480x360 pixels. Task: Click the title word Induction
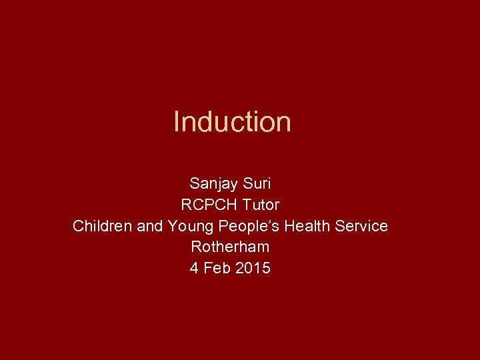[x=232, y=122]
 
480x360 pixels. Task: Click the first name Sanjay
[x=210, y=183]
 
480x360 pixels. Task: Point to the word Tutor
[x=257, y=205]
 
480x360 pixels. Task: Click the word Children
[x=102, y=226]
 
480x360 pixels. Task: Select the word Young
[x=189, y=227]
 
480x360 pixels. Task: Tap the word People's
[x=248, y=226]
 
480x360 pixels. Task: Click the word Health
[x=307, y=226]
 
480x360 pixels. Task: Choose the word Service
[x=361, y=226]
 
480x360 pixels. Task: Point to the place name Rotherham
[x=230, y=247]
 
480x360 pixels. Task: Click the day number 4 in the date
[x=193, y=268]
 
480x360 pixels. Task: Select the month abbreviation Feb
[x=217, y=268]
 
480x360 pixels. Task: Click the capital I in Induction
[x=176, y=122]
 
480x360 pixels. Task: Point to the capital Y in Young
[x=172, y=226]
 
